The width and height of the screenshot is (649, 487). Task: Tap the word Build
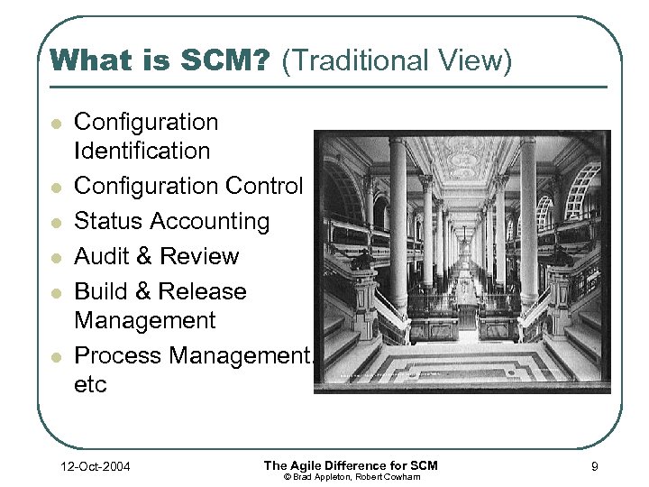coord(102,291)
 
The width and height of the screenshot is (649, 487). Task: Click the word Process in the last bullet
coord(117,355)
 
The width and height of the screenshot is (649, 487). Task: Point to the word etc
coord(90,384)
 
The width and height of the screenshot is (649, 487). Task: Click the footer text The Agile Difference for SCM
coord(351,464)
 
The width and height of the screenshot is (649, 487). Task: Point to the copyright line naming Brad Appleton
coord(351,476)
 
